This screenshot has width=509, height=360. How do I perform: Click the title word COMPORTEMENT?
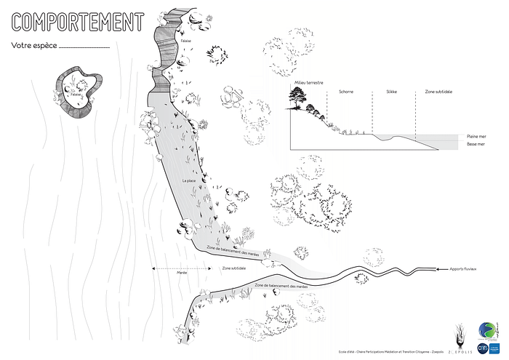point(77,22)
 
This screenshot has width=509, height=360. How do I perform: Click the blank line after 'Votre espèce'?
point(84,47)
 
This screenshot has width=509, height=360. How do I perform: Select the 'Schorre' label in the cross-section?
point(347,92)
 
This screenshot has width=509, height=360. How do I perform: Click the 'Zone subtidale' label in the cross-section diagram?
point(438,92)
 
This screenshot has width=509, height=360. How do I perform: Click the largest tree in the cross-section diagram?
point(297,102)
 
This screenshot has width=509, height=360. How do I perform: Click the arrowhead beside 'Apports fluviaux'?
point(438,270)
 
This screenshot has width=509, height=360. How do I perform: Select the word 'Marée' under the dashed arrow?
point(183,274)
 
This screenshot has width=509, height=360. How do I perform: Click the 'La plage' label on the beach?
point(189,180)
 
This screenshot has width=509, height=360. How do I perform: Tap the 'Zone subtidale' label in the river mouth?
point(233,268)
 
